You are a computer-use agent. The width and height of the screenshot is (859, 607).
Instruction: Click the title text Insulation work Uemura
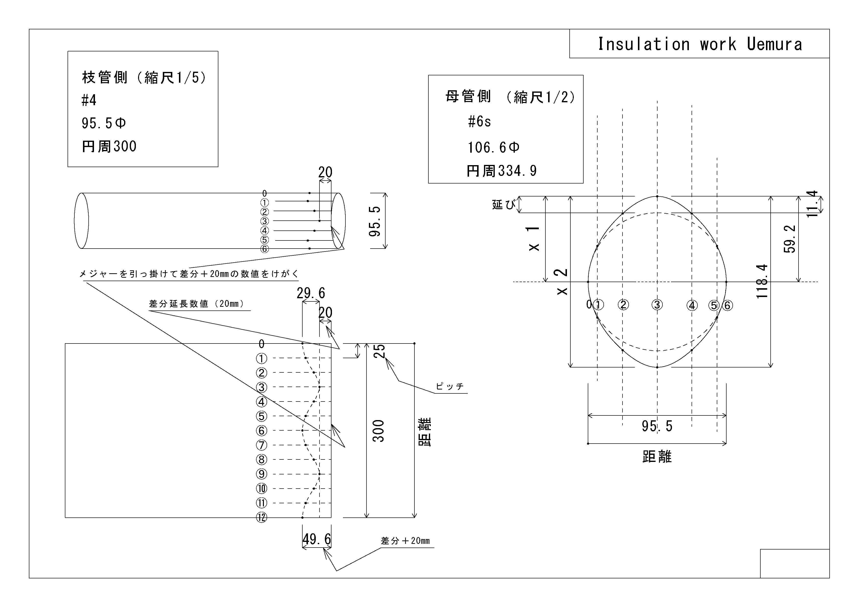pos(699,44)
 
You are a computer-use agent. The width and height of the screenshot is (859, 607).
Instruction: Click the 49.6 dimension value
pos(317,539)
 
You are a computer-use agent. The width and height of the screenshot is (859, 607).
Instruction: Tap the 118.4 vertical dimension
pos(762,281)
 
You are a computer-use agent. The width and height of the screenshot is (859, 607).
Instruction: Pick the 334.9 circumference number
pos(518,171)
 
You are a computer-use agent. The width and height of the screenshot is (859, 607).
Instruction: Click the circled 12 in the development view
pos(261,518)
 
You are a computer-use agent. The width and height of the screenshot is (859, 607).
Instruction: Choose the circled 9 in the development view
pos(261,474)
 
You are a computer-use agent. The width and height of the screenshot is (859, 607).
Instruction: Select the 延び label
pos(504,205)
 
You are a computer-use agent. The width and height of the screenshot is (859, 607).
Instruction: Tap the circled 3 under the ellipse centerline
pos(657,305)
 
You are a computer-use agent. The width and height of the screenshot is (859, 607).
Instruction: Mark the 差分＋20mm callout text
pos(405,541)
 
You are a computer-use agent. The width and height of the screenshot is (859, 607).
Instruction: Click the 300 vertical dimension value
pos(379,431)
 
